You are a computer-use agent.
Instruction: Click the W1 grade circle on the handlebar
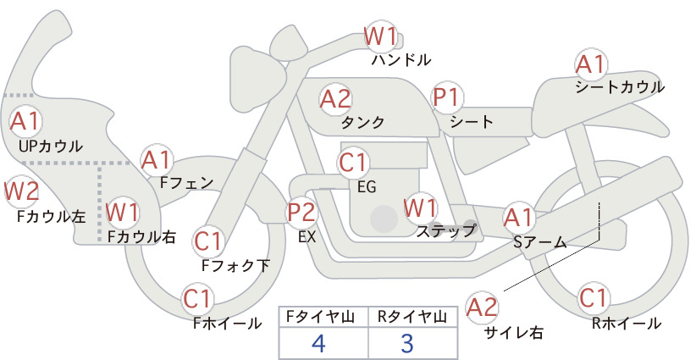[380, 36]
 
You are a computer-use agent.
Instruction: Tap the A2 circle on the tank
[335, 99]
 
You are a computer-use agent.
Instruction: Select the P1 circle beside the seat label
[447, 97]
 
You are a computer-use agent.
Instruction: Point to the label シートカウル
[620, 87]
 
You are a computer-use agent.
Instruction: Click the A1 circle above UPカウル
[25, 121]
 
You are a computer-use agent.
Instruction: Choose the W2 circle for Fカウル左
[21, 191]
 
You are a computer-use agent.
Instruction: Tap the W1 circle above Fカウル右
[123, 212]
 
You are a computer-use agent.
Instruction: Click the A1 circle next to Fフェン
[157, 160]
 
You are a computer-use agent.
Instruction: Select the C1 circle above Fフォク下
[207, 241]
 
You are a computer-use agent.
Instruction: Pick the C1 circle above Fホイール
[196, 299]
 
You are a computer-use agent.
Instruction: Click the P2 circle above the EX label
[301, 212]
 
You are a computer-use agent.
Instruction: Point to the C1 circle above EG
[353, 163]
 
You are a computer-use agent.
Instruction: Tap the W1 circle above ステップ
[420, 208]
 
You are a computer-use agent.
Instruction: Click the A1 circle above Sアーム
[518, 218]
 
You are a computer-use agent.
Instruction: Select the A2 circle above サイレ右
[482, 307]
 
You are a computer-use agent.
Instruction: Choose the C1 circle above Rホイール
[594, 298]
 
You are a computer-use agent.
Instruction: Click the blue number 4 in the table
[318, 343]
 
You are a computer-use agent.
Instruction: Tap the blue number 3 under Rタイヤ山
[407, 343]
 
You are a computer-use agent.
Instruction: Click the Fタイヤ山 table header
[320, 317]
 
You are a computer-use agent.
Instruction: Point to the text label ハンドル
[401, 59]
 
